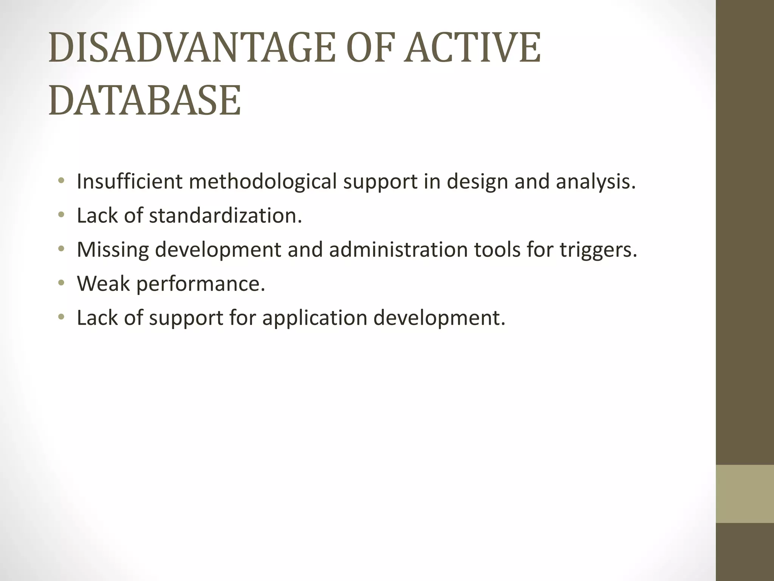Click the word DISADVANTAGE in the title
pos(192,48)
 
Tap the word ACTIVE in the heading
pos(472,48)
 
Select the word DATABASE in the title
pos(145,101)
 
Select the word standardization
pos(223,216)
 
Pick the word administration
pos(398,249)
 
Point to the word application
pos(314,318)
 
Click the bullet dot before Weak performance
pos(61,283)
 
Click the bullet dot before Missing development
pos(61,249)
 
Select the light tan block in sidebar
pos(745,494)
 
